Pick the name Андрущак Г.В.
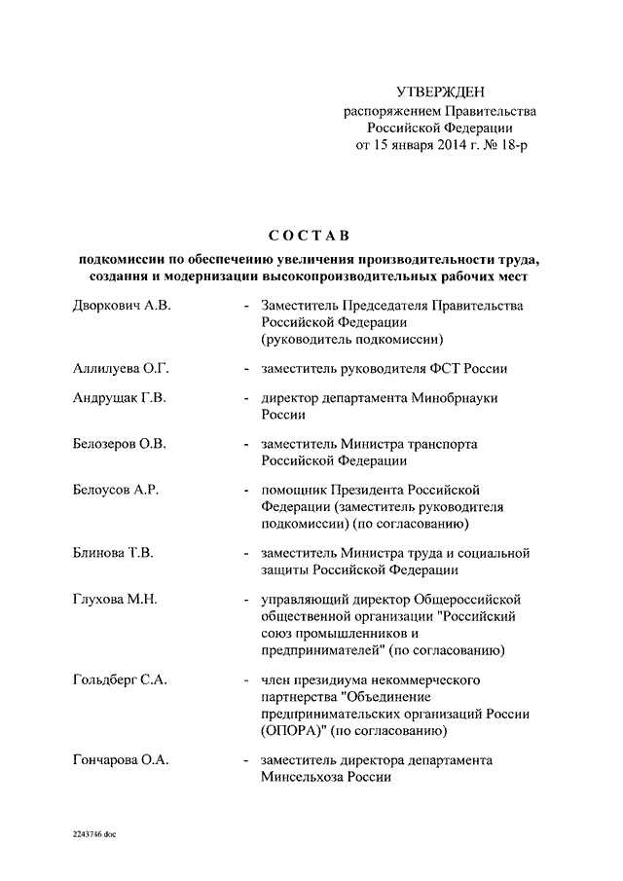(x=121, y=398)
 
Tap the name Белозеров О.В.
(x=120, y=444)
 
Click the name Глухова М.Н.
(x=115, y=600)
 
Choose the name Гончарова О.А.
(x=121, y=759)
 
